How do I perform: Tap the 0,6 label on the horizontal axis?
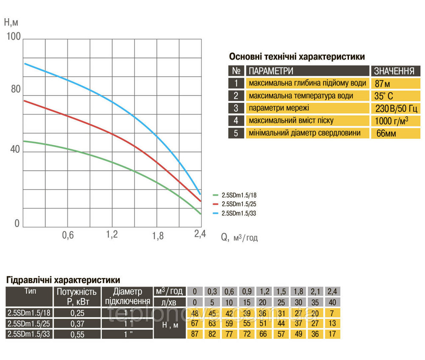point(68,235)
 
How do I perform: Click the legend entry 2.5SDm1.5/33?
point(239,213)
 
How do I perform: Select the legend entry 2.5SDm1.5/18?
point(239,195)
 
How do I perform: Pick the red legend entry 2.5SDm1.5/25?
point(239,204)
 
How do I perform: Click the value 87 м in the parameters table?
point(382,83)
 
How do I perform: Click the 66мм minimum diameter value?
point(386,134)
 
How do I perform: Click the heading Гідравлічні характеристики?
point(63,280)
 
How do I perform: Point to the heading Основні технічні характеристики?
point(297,57)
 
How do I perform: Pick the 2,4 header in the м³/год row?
point(332,292)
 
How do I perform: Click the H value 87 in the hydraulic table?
point(195,334)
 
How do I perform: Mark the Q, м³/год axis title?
point(239,237)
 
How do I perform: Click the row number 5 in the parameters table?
point(236,133)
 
